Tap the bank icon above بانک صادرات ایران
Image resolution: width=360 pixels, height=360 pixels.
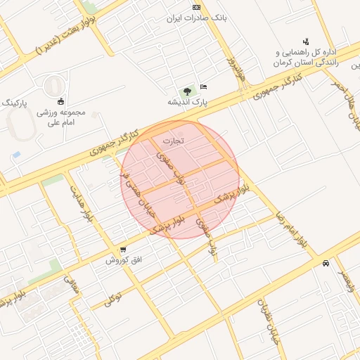tap(195, 6)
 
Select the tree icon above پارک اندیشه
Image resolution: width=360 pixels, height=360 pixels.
tap(187, 91)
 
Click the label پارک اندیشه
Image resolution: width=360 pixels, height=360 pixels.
tap(188, 103)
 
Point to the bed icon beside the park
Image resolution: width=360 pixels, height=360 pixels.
tap(203, 86)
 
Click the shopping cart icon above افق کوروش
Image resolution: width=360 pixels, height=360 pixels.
tap(124, 250)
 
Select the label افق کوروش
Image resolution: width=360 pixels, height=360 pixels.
tap(124, 260)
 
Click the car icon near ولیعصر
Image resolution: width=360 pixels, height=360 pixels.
tap(326, 264)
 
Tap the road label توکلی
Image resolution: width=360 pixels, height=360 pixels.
tap(114, 298)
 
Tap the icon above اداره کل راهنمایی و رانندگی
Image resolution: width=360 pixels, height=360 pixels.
tap(305, 41)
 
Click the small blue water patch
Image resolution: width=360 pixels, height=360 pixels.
tap(16, 153)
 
